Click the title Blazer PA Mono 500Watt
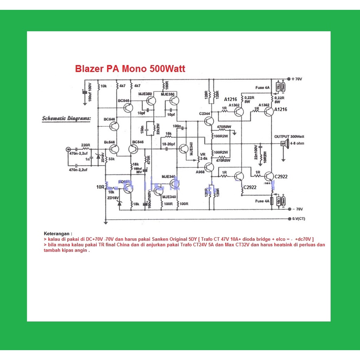click(130, 69)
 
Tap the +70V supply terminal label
click(297, 79)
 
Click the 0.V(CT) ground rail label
click(299, 218)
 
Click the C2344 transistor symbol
click(208, 121)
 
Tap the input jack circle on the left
click(68, 149)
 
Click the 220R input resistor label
click(85, 145)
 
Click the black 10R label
click(100, 187)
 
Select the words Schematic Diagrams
click(66, 118)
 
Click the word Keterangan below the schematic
click(58, 233)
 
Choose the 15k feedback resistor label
click(168, 134)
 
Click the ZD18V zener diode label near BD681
click(113, 198)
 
